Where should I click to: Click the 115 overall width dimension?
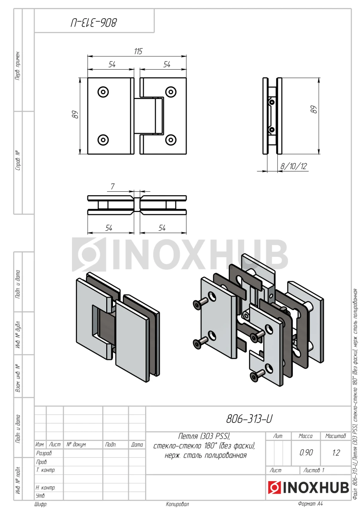pos(138,51)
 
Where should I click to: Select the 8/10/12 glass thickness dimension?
pos(294,166)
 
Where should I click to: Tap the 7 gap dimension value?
pos(113,187)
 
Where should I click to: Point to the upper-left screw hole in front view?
pos(103,92)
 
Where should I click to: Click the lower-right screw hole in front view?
pos(171,140)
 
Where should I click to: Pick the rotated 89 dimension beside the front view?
pos(75,114)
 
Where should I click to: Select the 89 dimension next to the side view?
pos(313,109)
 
